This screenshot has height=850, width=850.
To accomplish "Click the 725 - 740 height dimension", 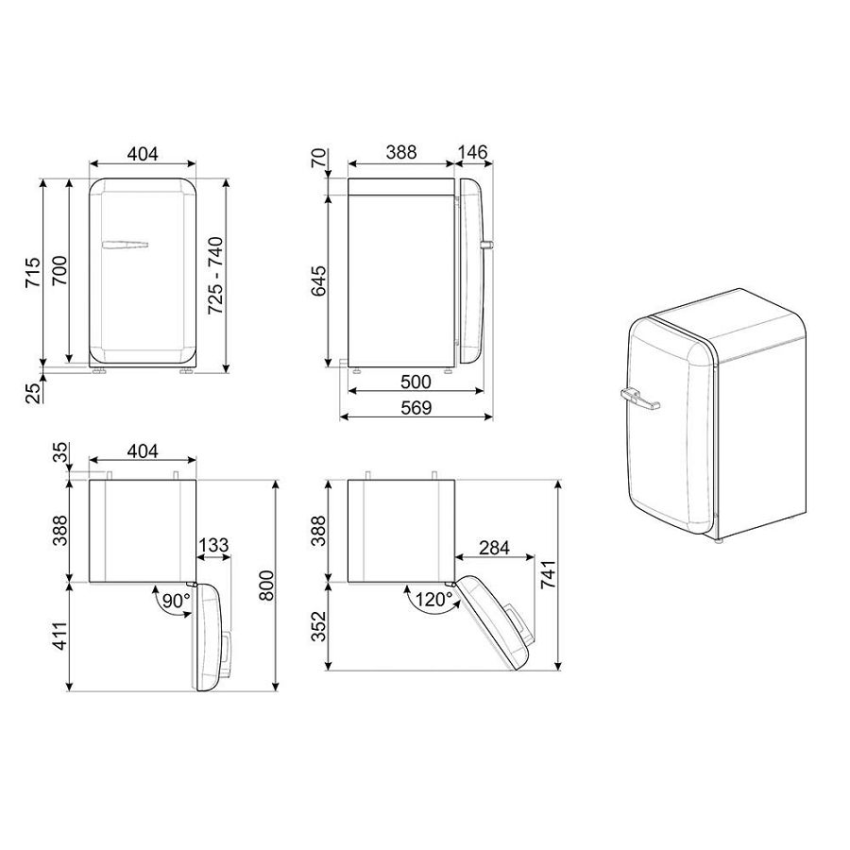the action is pyautogui.click(x=215, y=276).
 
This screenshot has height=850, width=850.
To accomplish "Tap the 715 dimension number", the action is pyautogui.click(x=32, y=272).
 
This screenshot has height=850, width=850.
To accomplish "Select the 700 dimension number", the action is pyautogui.click(x=59, y=270).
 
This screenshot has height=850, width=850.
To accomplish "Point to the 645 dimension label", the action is pyautogui.click(x=319, y=280).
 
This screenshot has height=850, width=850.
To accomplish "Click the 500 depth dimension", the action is pyautogui.click(x=416, y=382).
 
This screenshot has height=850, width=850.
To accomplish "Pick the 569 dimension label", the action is pyautogui.click(x=416, y=408).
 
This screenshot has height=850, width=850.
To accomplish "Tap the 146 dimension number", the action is pyautogui.click(x=473, y=152).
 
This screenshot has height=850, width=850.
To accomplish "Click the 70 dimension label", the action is pyautogui.click(x=320, y=157).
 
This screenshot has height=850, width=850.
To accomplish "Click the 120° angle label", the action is pyautogui.click(x=433, y=600).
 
